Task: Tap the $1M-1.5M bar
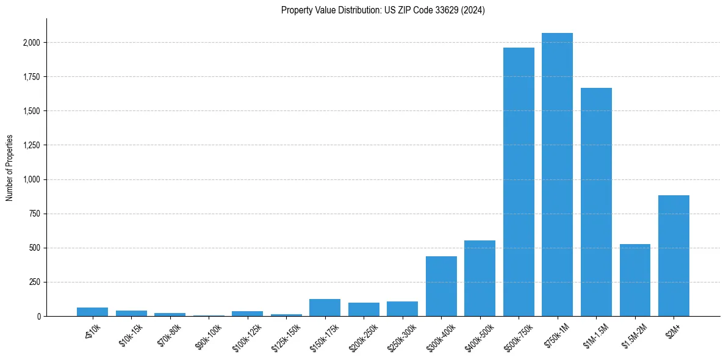click(596, 202)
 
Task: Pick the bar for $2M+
click(674, 256)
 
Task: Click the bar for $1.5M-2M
click(634, 280)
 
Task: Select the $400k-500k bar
click(480, 278)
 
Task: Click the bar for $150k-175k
click(325, 308)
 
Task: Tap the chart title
click(383, 10)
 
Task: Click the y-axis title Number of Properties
click(10, 168)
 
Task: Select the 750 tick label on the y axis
click(35, 214)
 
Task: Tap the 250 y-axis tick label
click(35, 282)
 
